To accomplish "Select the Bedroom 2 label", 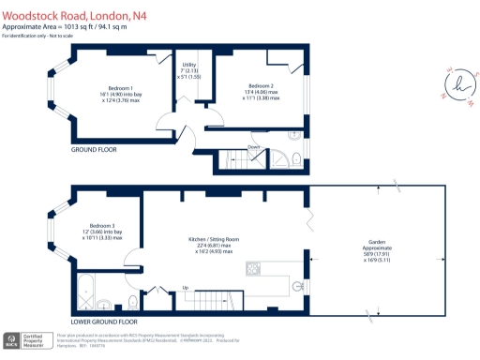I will click(262, 85).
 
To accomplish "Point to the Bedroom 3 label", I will click(101, 226).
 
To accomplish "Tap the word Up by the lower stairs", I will click(185, 287).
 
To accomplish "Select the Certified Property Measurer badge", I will click(28, 341).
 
